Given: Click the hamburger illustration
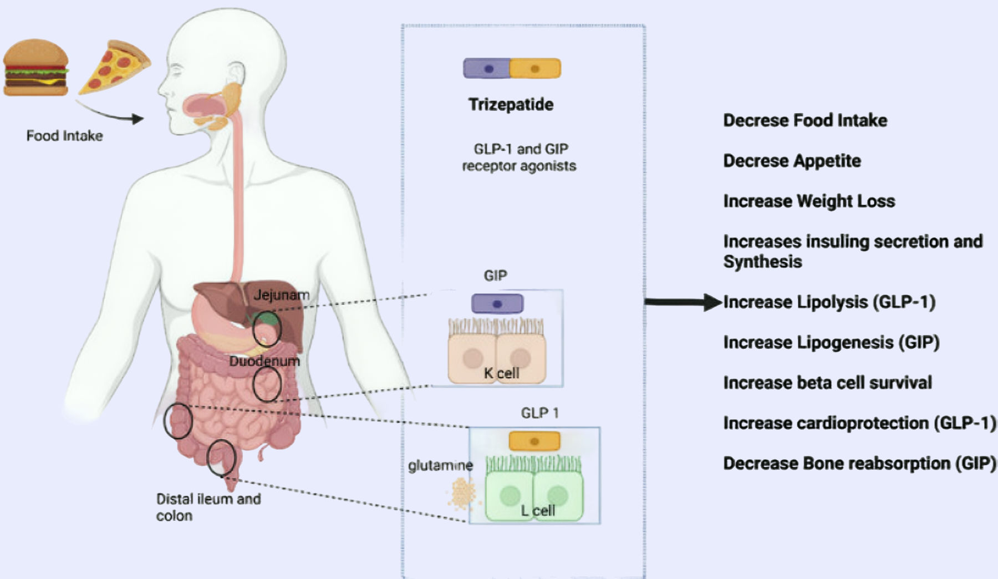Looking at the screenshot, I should (x=36, y=67).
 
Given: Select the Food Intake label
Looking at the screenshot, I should (x=64, y=136).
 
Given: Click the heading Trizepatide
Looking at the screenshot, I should (x=511, y=104).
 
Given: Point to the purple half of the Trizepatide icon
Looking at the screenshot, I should (x=487, y=69).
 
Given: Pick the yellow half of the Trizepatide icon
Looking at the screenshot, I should (x=535, y=69).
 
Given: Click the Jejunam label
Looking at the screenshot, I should (x=281, y=294).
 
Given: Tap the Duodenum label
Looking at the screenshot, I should (x=264, y=361).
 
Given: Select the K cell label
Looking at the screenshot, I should (x=501, y=373).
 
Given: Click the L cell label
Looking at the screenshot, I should (x=537, y=510).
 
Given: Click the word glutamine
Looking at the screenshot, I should (x=440, y=465).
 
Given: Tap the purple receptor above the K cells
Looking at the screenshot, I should (x=497, y=304).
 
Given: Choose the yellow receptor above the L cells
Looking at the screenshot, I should (x=534, y=441).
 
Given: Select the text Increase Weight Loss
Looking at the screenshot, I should (x=809, y=201).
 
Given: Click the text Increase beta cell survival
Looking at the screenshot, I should (x=827, y=383).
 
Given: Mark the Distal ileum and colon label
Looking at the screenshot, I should (x=208, y=507).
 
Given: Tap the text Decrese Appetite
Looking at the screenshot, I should (x=792, y=161).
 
